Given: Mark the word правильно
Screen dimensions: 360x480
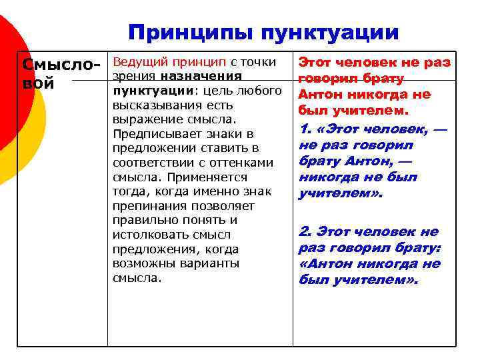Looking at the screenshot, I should click(141, 220).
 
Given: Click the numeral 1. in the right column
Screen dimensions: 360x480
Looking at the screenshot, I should click(306, 129).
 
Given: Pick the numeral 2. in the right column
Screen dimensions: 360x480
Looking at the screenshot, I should click(306, 231).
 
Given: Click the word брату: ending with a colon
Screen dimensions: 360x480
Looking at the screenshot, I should click(419, 247).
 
